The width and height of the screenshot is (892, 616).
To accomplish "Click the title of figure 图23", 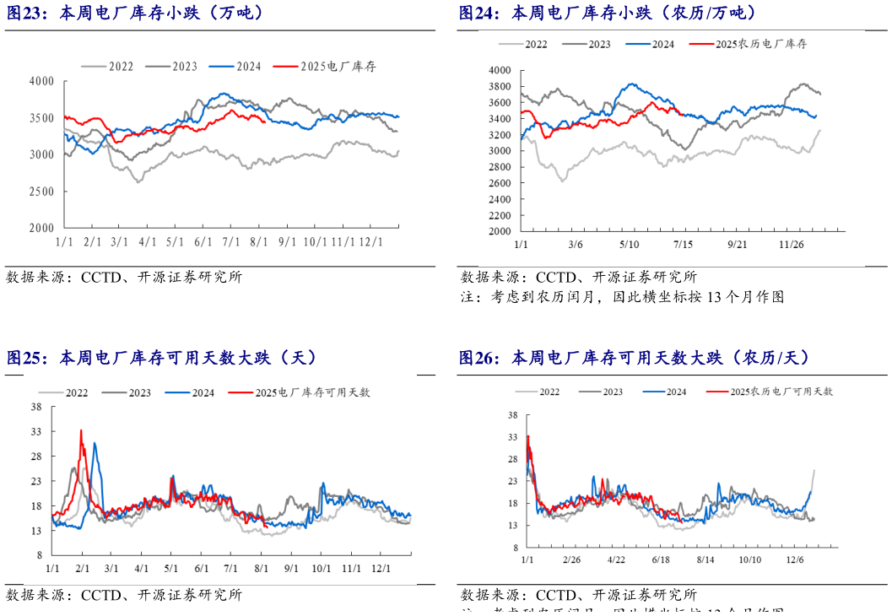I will click(136, 13).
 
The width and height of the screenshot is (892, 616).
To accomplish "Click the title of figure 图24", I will click(608, 13).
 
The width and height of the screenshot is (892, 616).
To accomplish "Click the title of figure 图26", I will click(634, 358).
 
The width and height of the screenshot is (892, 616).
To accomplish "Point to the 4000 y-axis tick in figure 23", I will click(41, 81).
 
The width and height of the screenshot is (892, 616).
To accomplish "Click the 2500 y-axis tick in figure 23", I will click(41, 192).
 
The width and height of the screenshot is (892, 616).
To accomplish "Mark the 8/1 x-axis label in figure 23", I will click(259, 242).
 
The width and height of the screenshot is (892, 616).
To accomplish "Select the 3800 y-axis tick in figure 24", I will click(500, 87).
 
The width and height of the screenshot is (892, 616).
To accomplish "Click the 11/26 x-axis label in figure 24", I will click(791, 245).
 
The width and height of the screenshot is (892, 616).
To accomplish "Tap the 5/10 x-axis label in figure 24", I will click(629, 245).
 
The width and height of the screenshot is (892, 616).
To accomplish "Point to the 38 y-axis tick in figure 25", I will click(36, 407).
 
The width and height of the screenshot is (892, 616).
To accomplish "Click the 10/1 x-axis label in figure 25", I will click(320, 570).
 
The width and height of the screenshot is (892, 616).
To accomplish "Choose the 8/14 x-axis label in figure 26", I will click(705, 559).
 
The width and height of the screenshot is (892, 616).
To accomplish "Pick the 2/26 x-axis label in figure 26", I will click(571, 559).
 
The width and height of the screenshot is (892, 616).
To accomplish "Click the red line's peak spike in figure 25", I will click(81, 430).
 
